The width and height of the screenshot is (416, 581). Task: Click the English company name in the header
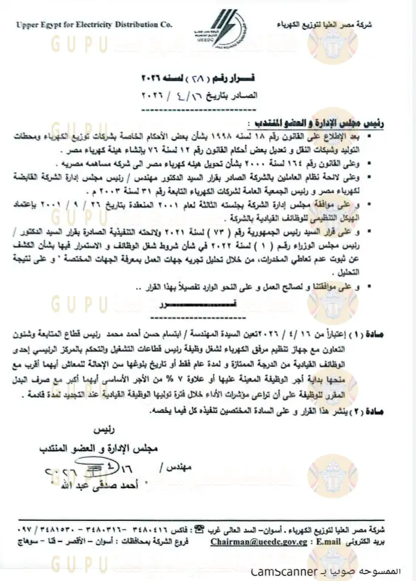(94, 25)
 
